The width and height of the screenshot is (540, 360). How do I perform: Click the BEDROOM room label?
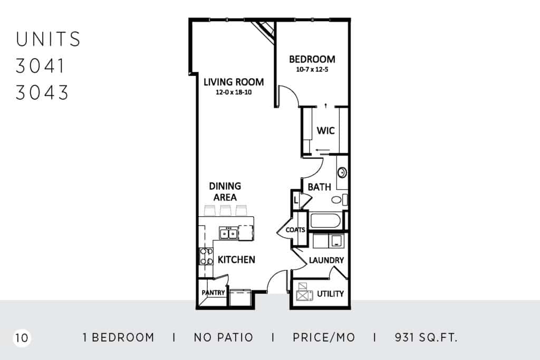312,59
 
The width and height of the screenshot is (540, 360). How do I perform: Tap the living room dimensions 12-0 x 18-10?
234,92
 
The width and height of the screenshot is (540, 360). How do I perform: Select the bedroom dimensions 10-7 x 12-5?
312,69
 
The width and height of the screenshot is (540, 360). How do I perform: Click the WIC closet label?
325,130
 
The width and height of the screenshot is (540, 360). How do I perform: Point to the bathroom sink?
342,172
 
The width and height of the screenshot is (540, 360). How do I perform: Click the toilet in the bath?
339,200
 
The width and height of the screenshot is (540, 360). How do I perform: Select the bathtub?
325,221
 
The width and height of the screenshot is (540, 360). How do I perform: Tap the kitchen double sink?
228,233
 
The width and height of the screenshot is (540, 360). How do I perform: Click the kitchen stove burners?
206,256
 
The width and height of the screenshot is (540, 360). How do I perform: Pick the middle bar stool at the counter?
225,210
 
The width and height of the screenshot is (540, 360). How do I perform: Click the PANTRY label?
213,293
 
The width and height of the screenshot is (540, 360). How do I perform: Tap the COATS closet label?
295,230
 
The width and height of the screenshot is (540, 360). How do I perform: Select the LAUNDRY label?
326,260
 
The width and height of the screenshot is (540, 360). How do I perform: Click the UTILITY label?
330,294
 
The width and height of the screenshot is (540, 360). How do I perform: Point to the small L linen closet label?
296,200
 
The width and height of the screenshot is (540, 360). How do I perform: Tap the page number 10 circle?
22,338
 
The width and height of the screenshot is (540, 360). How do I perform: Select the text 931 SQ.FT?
426,337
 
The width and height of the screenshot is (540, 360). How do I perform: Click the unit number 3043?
42,93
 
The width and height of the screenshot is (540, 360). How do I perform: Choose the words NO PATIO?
223,337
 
